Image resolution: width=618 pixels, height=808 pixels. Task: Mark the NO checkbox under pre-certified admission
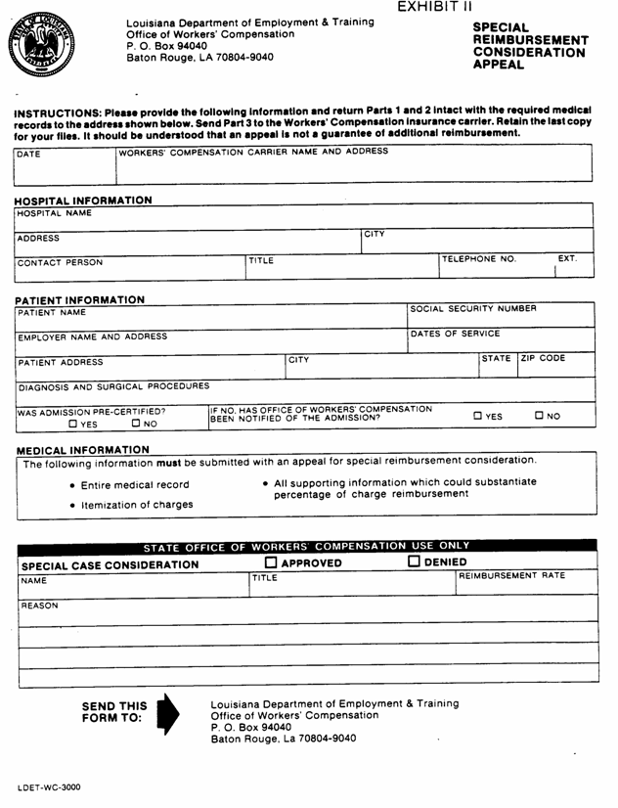[x=136, y=425]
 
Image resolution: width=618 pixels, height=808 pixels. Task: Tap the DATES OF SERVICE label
[x=451, y=335]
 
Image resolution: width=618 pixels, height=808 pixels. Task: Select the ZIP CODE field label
[x=542, y=360]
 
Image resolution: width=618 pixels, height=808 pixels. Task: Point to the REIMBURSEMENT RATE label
[x=512, y=578]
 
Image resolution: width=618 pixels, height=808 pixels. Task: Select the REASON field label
[x=40, y=606]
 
